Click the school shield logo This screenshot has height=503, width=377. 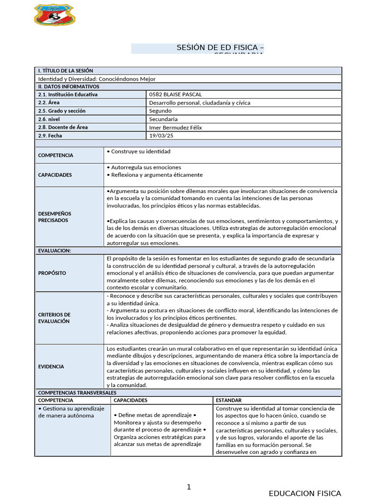[x=54, y=15]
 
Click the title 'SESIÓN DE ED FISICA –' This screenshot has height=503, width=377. [x=220, y=47]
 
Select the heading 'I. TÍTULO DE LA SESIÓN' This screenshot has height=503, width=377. [x=65, y=71]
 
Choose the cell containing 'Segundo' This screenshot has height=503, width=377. [x=160, y=111]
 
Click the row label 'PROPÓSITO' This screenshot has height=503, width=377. [x=52, y=273]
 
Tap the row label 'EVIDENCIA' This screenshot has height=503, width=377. [x=51, y=366]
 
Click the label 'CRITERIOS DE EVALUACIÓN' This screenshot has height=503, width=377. [x=54, y=318]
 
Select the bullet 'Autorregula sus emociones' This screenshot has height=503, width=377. [x=143, y=168]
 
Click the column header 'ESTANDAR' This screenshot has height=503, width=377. [x=229, y=400]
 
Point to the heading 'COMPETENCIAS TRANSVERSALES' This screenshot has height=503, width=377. [x=77, y=393]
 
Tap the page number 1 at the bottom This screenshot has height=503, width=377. [x=188, y=487]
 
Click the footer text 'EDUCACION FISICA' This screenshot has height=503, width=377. [x=305, y=493]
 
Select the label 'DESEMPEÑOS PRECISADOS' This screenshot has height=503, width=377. [x=54, y=217]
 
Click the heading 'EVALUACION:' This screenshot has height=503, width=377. [x=54, y=251]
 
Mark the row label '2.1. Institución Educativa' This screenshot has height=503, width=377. [x=68, y=94]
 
